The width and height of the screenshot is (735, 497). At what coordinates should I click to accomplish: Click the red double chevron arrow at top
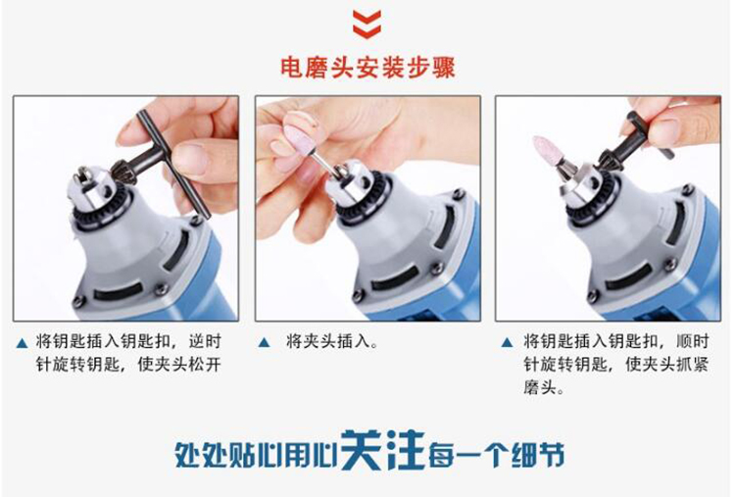coord(367,24)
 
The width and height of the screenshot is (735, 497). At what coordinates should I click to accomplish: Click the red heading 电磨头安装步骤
coord(367,68)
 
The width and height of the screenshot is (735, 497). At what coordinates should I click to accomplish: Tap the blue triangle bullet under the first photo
coord(22,344)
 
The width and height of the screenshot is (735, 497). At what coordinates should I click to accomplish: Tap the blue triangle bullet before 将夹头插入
coord(264,343)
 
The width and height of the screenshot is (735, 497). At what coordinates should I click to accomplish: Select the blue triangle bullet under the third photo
coord(507,343)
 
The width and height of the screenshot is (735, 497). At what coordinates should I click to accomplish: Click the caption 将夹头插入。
coord(332,342)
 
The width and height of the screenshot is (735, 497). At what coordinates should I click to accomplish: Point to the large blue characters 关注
coord(382,450)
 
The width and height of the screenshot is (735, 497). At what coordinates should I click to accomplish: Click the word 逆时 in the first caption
coord(205,342)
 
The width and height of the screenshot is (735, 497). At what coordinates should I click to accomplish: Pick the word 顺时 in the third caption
coord(692,341)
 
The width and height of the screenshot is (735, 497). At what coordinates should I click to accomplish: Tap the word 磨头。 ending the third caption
coord(544,388)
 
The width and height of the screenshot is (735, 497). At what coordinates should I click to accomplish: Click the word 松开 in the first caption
coord(205,365)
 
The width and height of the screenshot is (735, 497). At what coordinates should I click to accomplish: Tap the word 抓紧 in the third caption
coord(692,365)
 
